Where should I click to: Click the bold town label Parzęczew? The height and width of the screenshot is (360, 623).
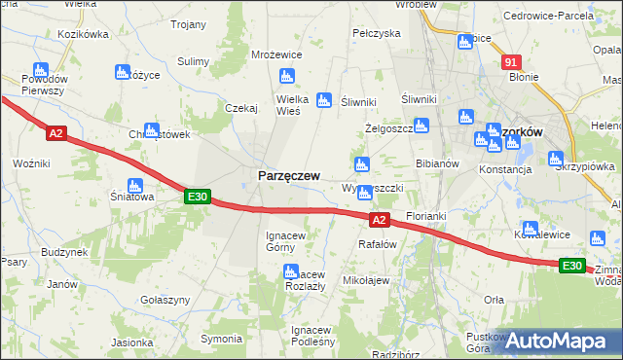(288, 175)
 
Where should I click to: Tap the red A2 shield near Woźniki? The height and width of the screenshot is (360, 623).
(55, 133)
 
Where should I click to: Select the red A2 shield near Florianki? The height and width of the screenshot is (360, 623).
(381, 221)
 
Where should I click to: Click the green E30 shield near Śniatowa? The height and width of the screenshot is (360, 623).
(198, 197)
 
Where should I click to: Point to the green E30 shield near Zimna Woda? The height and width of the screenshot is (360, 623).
(572, 266)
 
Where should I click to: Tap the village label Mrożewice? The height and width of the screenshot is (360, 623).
(276, 55)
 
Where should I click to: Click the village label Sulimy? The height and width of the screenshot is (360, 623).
(194, 61)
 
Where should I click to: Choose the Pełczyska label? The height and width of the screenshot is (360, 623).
(377, 33)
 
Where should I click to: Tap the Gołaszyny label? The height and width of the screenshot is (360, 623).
(164, 300)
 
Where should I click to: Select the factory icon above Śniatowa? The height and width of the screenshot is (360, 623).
(135, 185)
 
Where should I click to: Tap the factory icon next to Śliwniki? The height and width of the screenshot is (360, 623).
(324, 99)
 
